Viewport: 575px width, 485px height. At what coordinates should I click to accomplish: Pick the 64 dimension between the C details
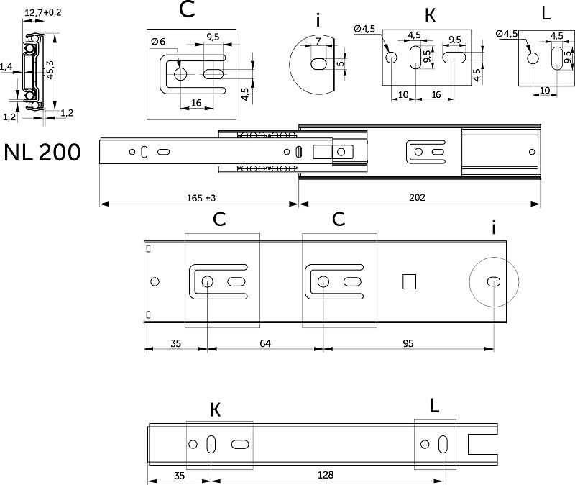point(264,343)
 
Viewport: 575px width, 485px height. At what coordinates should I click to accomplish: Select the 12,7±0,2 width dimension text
point(42,12)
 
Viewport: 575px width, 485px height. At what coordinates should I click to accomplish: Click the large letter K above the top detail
point(431,14)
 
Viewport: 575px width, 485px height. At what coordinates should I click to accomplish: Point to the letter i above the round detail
point(318,19)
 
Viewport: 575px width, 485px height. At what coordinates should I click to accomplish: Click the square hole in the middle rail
point(408,281)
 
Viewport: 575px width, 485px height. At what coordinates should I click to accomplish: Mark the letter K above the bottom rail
point(216,410)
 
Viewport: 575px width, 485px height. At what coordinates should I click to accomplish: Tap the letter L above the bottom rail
point(433,405)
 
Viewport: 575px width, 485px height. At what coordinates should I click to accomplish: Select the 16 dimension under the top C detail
point(196,103)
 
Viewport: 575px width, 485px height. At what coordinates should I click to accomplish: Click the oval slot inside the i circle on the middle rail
point(494,281)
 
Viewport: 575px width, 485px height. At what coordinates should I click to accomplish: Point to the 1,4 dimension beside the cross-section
point(6,67)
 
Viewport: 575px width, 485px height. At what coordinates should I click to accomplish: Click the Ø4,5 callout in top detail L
point(507,34)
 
